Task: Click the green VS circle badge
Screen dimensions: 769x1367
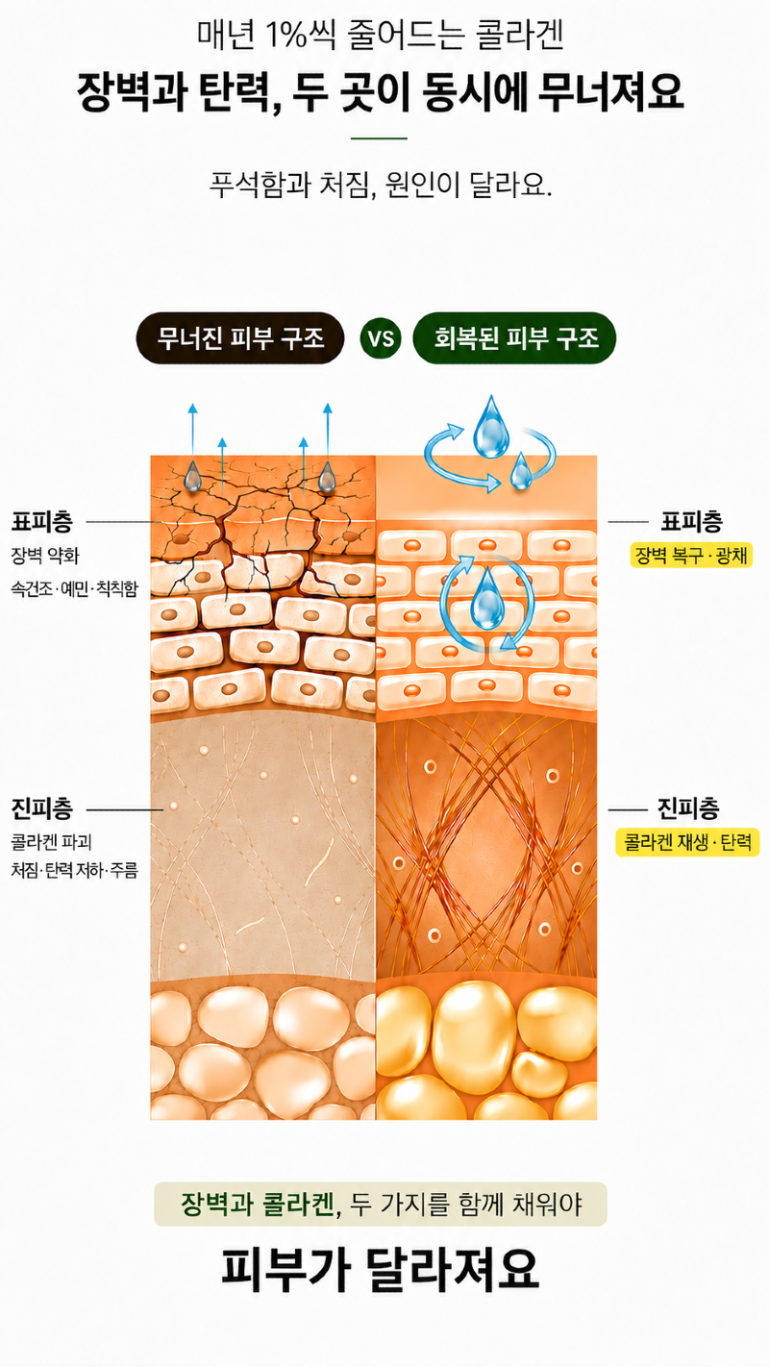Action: pos(381,338)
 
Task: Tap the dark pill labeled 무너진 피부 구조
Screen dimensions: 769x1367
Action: pos(240,338)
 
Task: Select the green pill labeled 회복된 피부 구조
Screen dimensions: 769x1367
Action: pos(514,338)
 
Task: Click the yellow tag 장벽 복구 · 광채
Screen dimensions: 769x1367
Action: pos(691,556)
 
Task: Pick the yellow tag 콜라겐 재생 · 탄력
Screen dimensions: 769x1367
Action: pos(687,842)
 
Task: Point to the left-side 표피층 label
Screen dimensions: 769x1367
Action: pos(42,522)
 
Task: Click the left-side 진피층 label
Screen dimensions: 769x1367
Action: pos(42,808)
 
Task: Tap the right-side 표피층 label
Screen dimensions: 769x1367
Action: pos(691,522)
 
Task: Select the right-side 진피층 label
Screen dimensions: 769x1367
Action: pos(688,808)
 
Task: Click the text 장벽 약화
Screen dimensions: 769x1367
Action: pos(45,556)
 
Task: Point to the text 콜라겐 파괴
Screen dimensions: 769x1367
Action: pos(51,842)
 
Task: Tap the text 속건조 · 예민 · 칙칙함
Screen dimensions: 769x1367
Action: pos(74,588)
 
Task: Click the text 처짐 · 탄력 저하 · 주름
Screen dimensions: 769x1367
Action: pos(74,870)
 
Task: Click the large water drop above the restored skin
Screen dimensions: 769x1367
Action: pos(490,427)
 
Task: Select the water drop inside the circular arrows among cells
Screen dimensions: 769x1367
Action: pos(487,601)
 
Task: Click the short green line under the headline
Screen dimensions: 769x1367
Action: pos(379,138)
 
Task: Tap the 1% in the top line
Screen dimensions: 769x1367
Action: pos(286,35)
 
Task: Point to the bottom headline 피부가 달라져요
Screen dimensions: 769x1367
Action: pos(381,1271)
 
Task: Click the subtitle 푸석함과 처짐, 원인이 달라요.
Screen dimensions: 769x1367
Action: pos(381,185)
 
